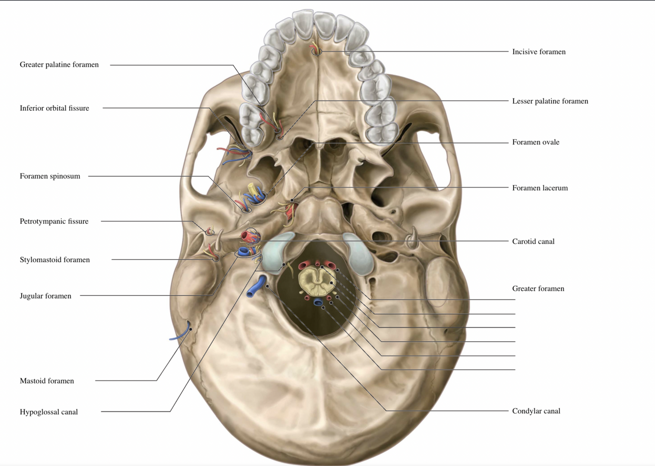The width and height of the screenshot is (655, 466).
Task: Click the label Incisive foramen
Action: point(539,52)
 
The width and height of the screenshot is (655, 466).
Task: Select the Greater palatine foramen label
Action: point(59,64)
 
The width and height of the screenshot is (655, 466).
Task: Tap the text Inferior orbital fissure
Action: point(54,108)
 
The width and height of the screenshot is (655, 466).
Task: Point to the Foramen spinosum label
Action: point(50,176)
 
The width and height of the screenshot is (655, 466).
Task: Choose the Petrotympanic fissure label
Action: point(54,221)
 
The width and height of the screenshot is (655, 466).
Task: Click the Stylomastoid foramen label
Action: point(55,260)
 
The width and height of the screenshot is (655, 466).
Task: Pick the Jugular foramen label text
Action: point(45,296)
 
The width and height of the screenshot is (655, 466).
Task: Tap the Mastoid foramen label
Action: point(47,381)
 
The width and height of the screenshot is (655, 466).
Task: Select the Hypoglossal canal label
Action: point(49,412)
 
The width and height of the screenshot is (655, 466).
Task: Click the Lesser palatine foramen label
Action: point(550,101)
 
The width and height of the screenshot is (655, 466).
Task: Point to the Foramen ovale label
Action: point(536,142)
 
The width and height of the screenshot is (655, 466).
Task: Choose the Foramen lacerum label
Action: point(540,188)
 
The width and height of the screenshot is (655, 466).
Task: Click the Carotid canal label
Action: point(533,241)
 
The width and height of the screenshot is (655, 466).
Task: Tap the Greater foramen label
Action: point(538,288)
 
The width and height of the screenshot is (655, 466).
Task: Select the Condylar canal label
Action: point(536,411)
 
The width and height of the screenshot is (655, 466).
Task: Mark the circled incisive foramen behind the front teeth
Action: point(317,51)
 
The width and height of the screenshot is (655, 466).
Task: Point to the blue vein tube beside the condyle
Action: point(256,287)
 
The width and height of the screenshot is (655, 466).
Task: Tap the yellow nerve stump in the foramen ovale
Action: point(252,190)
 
